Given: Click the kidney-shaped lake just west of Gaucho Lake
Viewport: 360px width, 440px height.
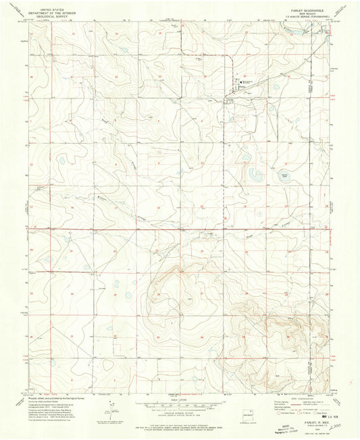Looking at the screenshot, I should (x=255, y=177).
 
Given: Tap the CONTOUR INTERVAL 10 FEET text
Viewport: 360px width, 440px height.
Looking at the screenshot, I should (x=180, y=408).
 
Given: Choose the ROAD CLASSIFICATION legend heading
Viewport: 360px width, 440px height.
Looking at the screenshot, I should (x=296, y=396).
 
